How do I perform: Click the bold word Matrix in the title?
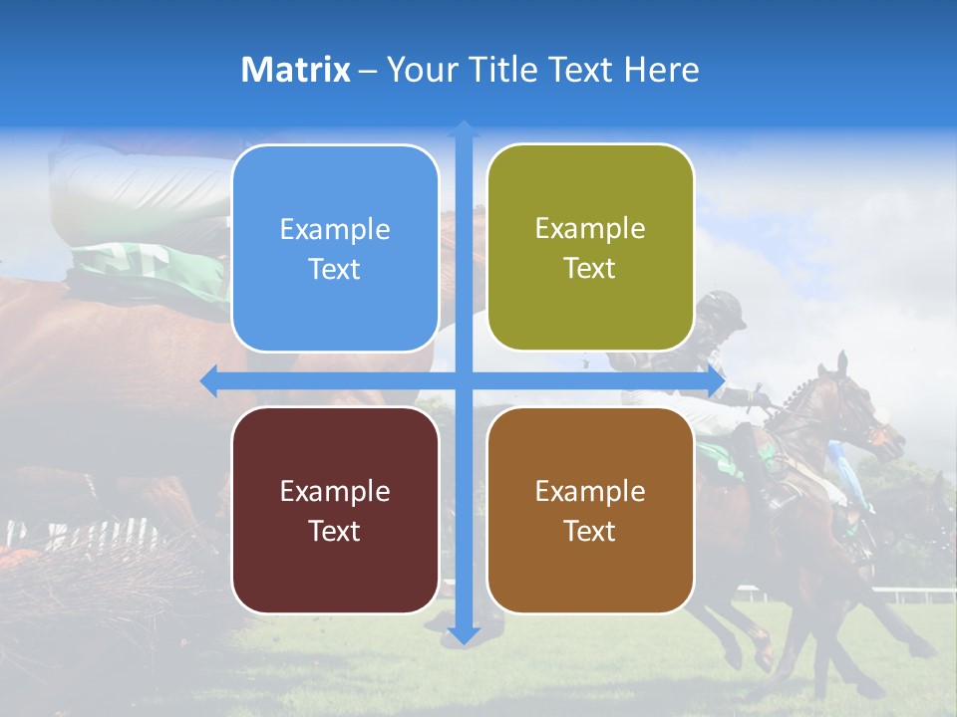click(296, 70)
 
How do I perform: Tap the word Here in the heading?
click(662, 70)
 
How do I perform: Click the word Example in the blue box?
click(335, 230)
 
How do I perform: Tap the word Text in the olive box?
click(590, 269)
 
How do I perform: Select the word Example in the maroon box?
click(335, 491)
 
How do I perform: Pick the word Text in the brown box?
click(590, 531)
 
